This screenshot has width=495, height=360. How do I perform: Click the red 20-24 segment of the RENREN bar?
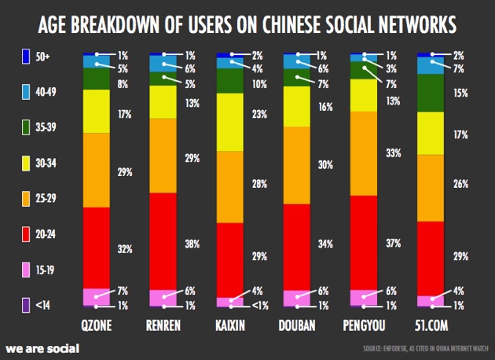(163, 240)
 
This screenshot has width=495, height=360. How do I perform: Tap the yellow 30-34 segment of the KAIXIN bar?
(229, 121)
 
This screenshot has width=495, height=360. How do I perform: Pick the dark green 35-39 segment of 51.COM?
(430, 93)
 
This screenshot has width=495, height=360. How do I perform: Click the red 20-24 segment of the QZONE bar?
(96, 247)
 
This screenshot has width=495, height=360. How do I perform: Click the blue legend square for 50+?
(25, 57)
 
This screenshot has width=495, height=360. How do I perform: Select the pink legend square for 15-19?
(25, 269)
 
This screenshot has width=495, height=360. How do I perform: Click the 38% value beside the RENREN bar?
(192, 244)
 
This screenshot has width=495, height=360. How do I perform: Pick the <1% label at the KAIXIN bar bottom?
(260, 305)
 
